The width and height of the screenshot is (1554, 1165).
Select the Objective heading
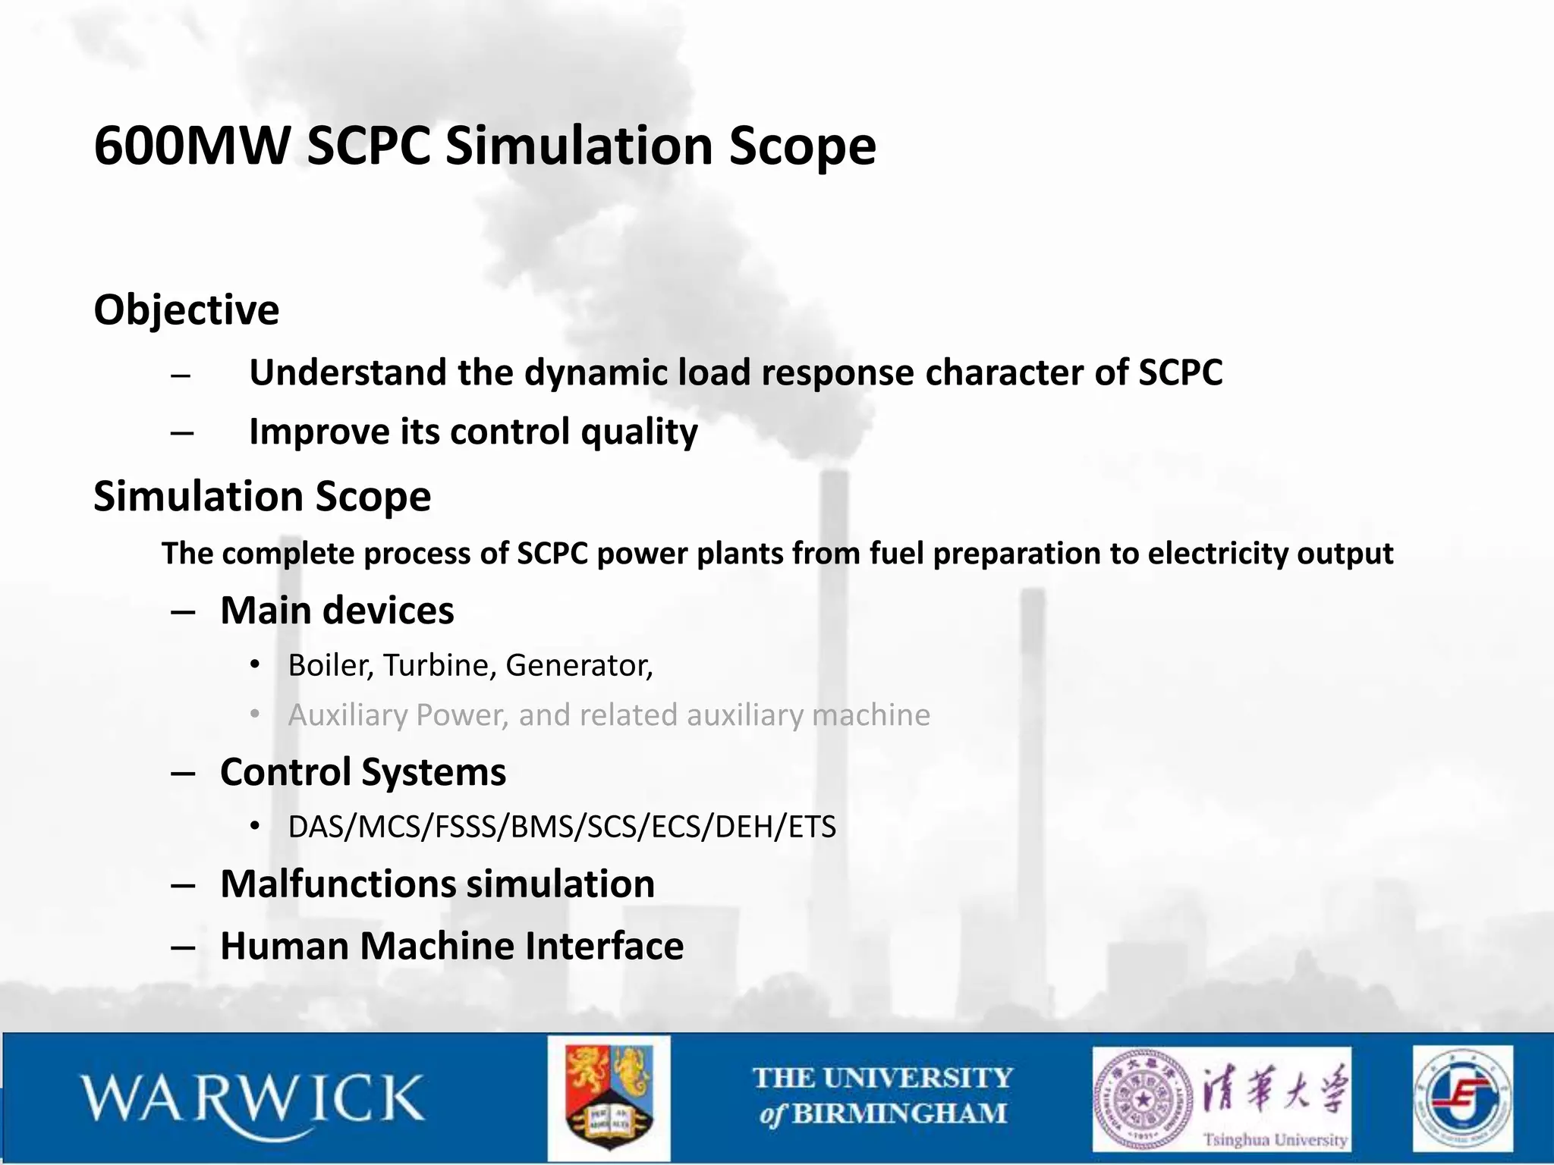click(187, 309)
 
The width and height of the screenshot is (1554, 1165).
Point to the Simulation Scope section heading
click(262, 496)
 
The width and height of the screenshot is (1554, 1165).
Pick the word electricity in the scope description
click(1217, 554)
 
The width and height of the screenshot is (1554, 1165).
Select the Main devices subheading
click(337, 611)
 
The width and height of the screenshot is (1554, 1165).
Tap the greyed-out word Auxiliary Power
click(398, 715)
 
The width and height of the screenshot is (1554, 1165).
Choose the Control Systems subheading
click(363, 772)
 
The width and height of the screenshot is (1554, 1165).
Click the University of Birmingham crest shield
click(609, 1098)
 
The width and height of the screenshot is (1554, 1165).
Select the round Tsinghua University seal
click(1142, 1099)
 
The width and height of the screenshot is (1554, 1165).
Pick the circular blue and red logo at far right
click(1462, 1098)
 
